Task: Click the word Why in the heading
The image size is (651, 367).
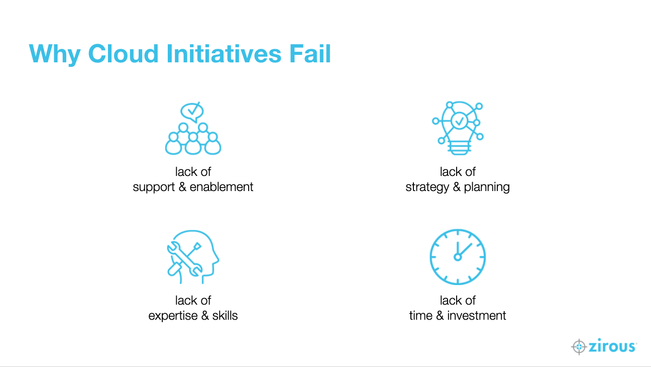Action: pyautogui.click(x=55, y=55)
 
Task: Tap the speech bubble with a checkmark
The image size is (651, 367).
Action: pyautogui.click(x=192, y=112)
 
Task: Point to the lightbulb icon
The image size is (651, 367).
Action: pyautogui.click(x=458, y=128)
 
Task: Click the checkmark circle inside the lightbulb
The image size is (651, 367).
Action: pyautogui.click(x=460, y=121)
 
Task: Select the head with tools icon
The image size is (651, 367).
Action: pyautogui.click(x=193, y=257)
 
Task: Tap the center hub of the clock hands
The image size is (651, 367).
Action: pyautogui.click(x=458, y=257)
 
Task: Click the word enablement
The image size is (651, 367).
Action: pyautogui.click(x=222, y=187)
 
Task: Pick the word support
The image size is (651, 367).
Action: pyautogui.click(x=154, y=188)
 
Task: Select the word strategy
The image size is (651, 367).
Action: pyautogui.click(x=427, y=188)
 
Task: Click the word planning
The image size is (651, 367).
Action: pyautogui.click(x=487, y=188)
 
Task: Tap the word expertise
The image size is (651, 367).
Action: pyautogui.click(x=173, y=316)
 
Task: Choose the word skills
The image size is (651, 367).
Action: pyautogui.click(x=225, y=315)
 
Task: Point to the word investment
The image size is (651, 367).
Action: pyautogui.click(x=477, y=316)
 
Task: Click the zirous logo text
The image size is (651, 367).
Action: pyautogui.click(x=612, y=346)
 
